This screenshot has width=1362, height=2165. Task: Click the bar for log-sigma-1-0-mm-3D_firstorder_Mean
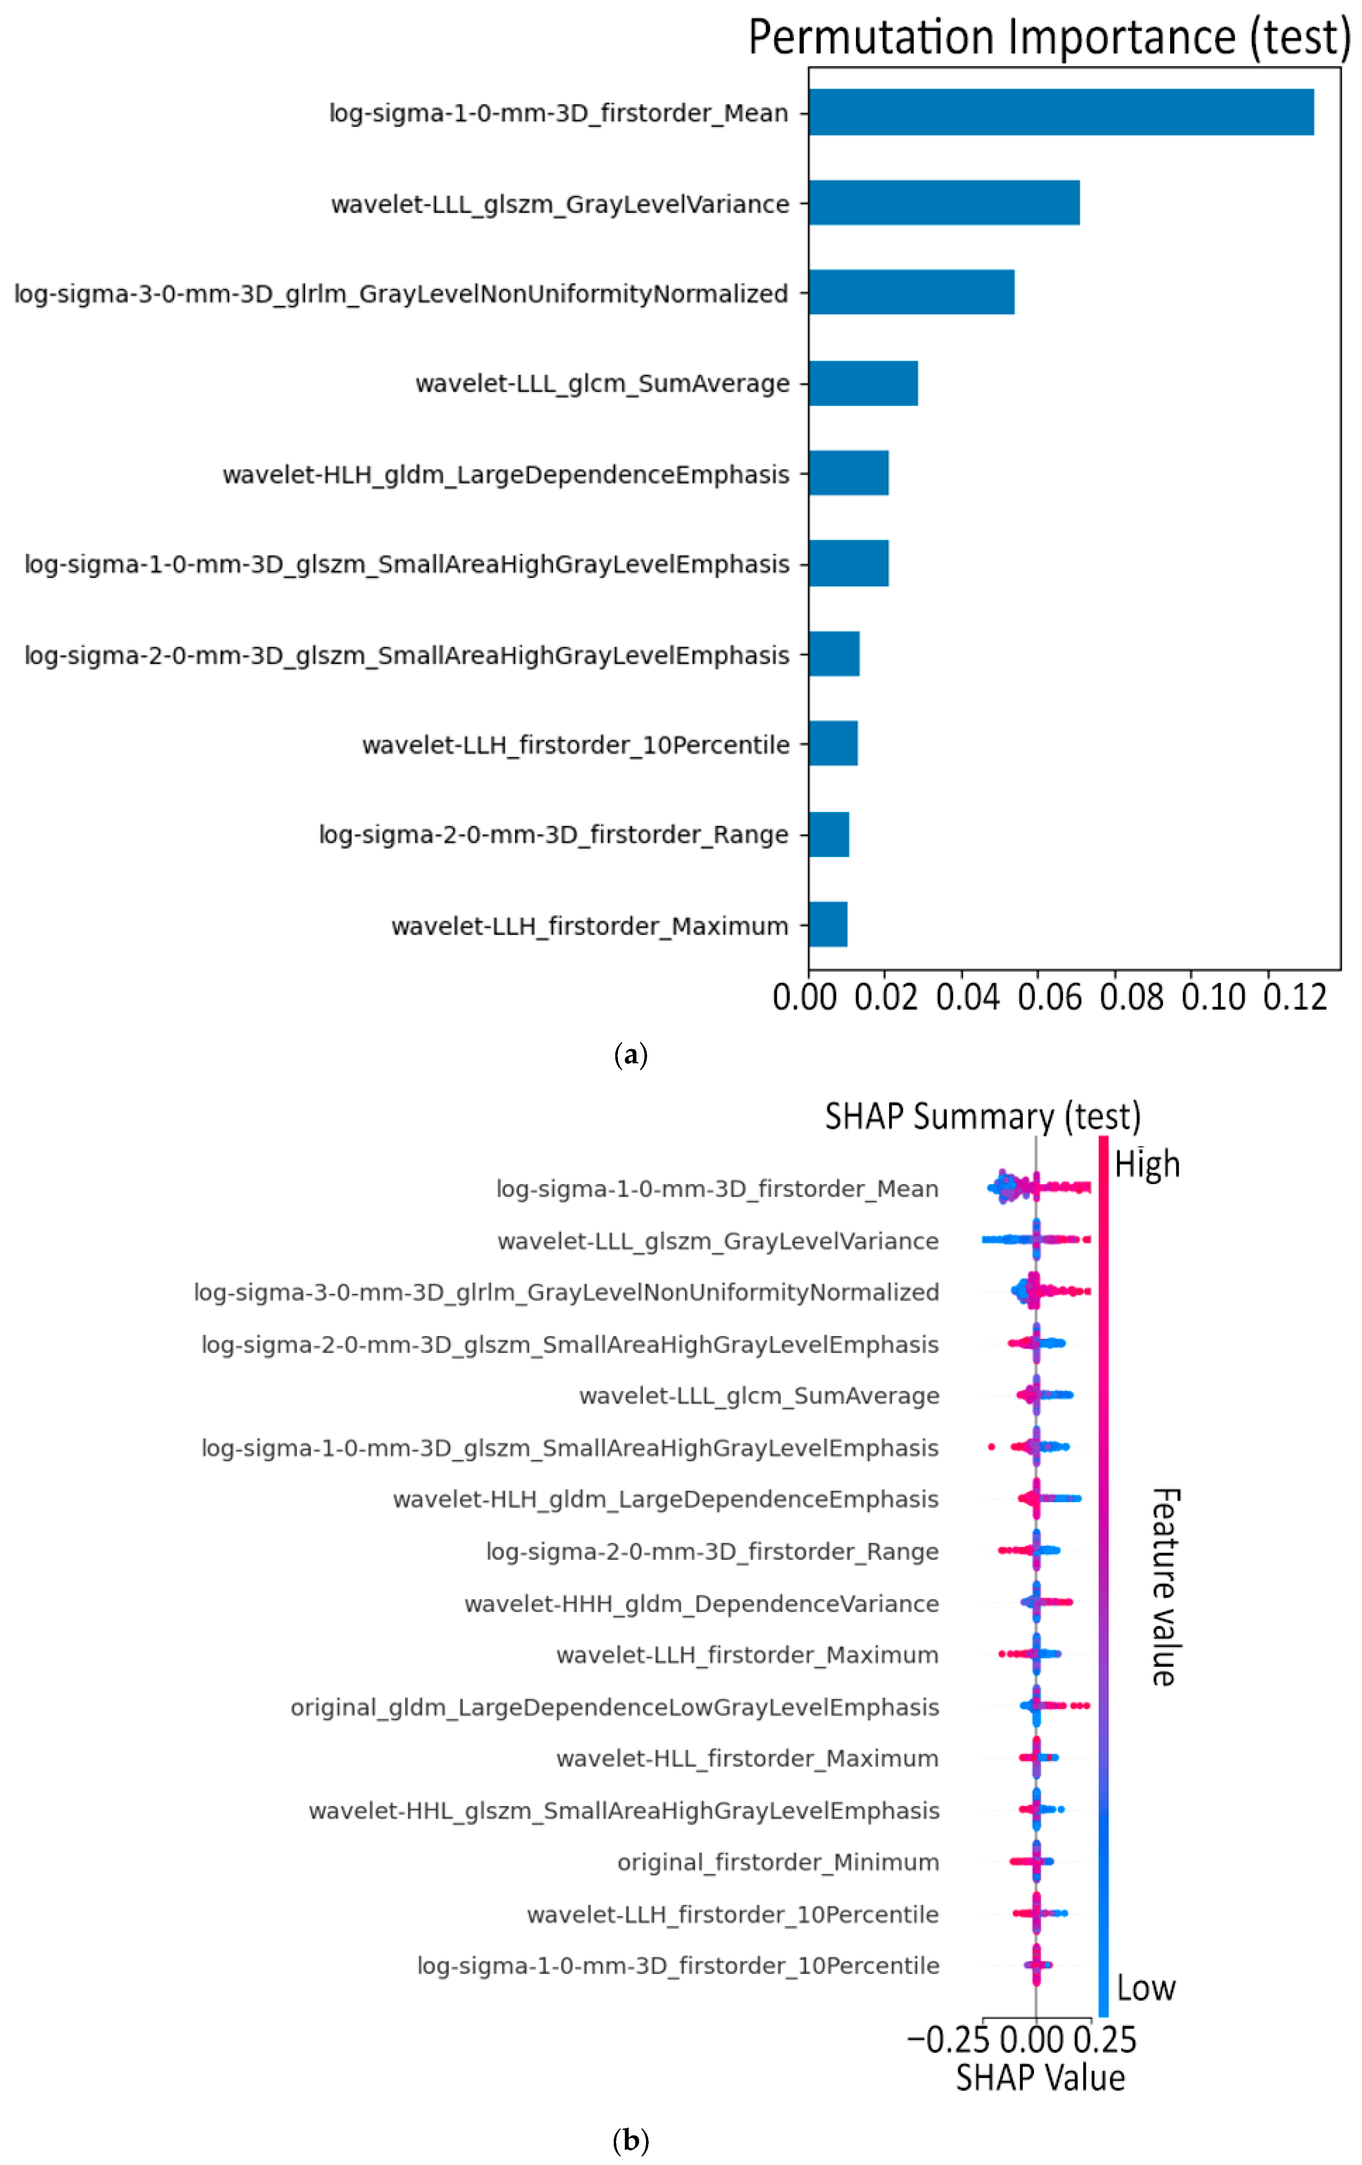pyautogui.click(x=1061, y=112)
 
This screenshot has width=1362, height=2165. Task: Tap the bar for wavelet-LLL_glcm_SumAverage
pyautogui.click(x=863, y=383)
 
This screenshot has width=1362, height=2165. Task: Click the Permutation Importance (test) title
pyautogui.click(x=1049, y=38)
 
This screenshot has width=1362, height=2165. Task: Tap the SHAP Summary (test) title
pyautogui.click(x=982, y=1117)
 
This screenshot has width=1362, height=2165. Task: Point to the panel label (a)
pyautogui.click(x=630, y=1055)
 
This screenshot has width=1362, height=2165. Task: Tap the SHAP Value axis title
pyautogui.click(x=1040, y=2079)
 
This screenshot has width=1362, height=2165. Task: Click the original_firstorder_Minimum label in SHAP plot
pyautogui.click(x=778, y=1862)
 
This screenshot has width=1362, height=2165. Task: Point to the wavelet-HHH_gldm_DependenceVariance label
pyautogui.click(x=701, y=1604)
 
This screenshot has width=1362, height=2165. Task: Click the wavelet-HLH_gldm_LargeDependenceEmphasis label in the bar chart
pyautogui.click(x=506, y=475)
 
